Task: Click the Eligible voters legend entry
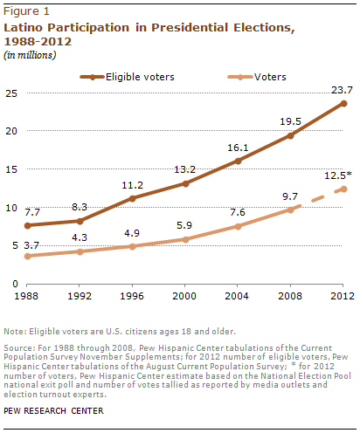pyautogui.click(x=128, y=77)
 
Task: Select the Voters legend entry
pyautogui.click(x=257, y=77)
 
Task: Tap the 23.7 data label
pyautogui.click(x=342, y=90)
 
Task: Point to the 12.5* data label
pyautogui.click(x=338, y=175)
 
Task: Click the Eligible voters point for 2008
pyautogui.click(x=290, y=135)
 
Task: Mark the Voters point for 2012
pyautogui.click(x=343, y=189)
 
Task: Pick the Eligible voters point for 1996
pyautogui.click(x=132, y=199)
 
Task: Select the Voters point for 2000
pyautogui.click(x=185, y=239)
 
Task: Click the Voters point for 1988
pyautogui.click(x=27, y=256)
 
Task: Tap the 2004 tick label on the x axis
pyautogui.click(x=237, y=296)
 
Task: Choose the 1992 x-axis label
pyautogui.click(x=80, y=296)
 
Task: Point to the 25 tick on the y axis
pyautogui.click(x=11, y=93)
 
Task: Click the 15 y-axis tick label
pyautogui.click(x=11, y=169)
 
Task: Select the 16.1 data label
pyautogui.click(x=238, y=148)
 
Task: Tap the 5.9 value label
pyautogui.click(x=184, y=225)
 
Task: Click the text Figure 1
pyautogui.click(x=26, y=11)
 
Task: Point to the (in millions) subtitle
pyautogui.click(x=30, y=55)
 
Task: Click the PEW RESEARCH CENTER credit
pyautogui.click(x=53, y=410)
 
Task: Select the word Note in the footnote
pyautogui.click(x=14, y=332)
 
